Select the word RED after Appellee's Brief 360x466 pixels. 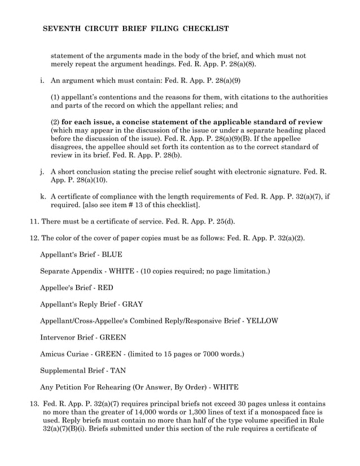[x=106, y=288]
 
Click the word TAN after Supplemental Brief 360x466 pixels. [x=118, y=371]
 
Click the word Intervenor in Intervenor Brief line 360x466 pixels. [x=59, y=337]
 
